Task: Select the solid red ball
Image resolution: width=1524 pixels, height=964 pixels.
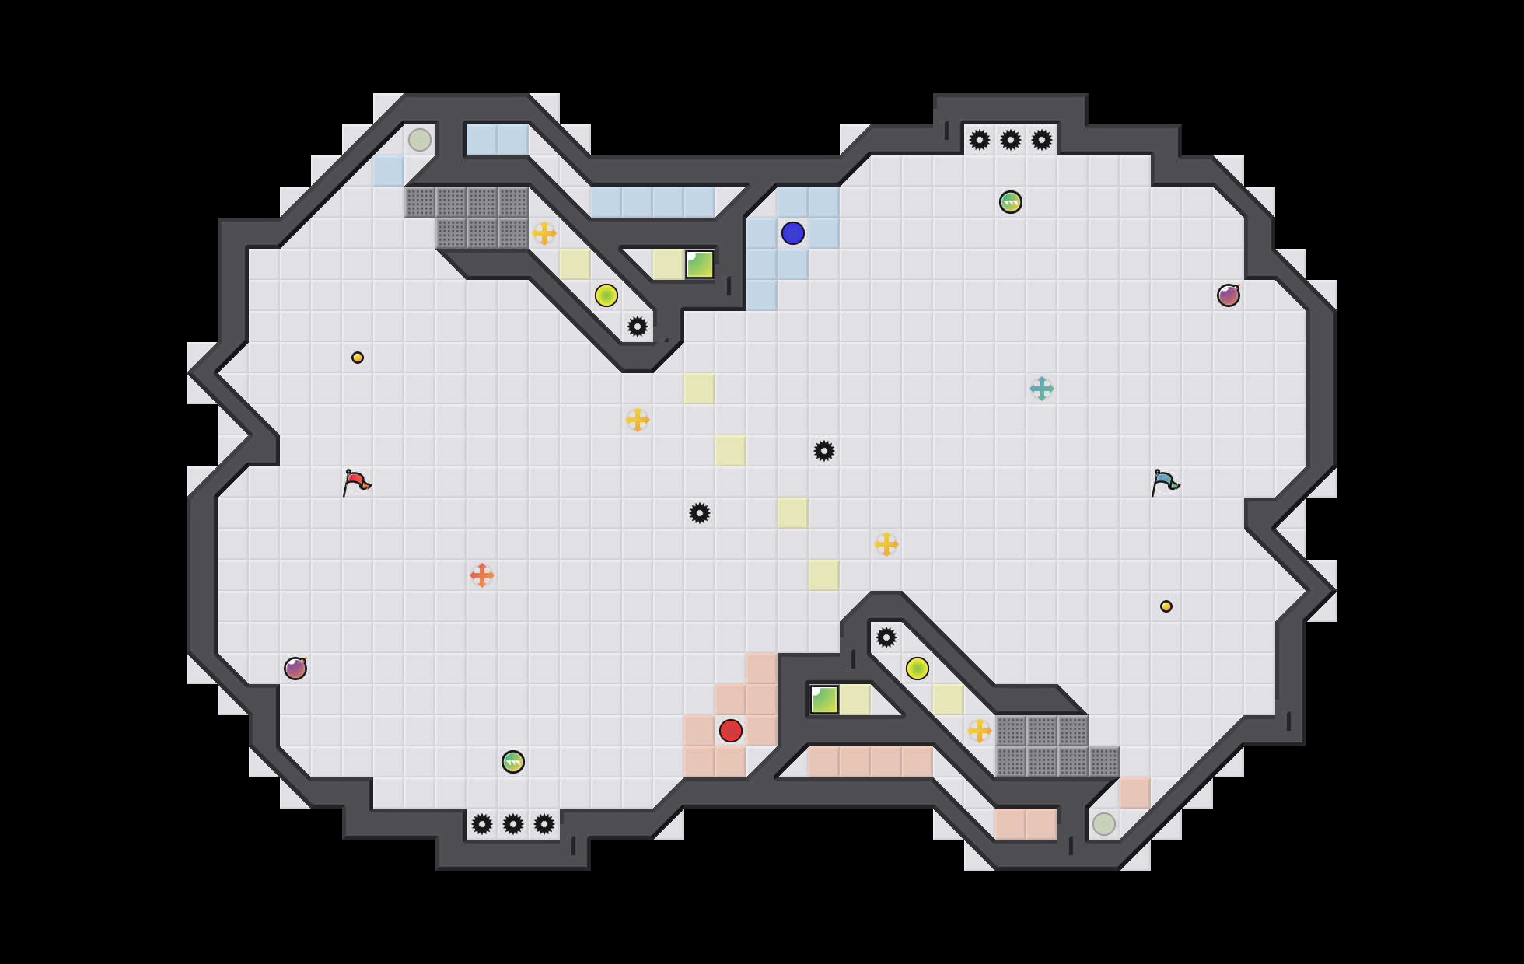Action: pos(731,731)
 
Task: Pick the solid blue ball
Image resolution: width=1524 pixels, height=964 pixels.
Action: pos(793,233)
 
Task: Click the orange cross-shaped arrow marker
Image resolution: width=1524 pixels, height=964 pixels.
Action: pos(482,575)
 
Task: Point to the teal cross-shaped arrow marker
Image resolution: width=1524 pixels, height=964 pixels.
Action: pos(1042,389)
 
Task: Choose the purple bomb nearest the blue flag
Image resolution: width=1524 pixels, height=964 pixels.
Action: pos(1229,295)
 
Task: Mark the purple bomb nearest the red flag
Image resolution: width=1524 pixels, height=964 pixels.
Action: pos(295,669)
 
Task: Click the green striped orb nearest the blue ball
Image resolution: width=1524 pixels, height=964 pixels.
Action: pos(1011,202)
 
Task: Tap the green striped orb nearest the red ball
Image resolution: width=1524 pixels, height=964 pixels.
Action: pos(513,762)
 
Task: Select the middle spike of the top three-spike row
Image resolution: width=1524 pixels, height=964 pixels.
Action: pos(1011,140)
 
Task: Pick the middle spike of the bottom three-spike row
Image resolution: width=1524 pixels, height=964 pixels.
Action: pos(513,824)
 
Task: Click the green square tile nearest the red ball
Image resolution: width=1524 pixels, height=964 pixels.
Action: pos(824,700)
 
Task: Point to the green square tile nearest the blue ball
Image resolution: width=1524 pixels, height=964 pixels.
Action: pos(700,264)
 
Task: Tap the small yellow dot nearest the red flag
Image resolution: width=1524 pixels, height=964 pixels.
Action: pos(358,358)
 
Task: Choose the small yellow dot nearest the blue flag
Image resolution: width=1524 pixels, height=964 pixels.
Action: pos(1166,606)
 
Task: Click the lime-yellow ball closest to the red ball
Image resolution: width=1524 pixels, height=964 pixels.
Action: pos(918,669)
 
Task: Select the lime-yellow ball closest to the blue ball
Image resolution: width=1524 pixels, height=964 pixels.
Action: pos(606,295)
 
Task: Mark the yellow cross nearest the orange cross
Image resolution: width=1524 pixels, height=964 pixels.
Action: pos(638,420)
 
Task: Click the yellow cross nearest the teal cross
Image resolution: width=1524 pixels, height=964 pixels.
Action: pos(886,544)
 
